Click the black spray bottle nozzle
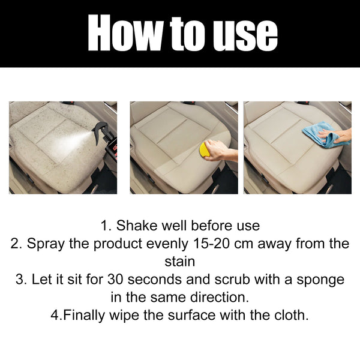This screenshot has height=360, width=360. pyautogui.click(x=100, y=128)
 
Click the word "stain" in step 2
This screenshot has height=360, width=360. pyautogui.click(x=179, y=262)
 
